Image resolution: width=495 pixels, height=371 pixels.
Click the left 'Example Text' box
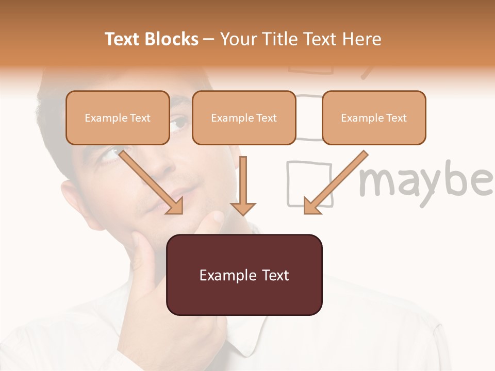point(118,117)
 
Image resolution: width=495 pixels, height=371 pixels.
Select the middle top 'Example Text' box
point(244,117)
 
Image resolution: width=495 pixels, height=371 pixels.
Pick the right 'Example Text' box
point(374,117)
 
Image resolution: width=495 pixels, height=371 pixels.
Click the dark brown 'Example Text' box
point(244,275)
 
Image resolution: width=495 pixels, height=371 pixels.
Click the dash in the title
point(209,39)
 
